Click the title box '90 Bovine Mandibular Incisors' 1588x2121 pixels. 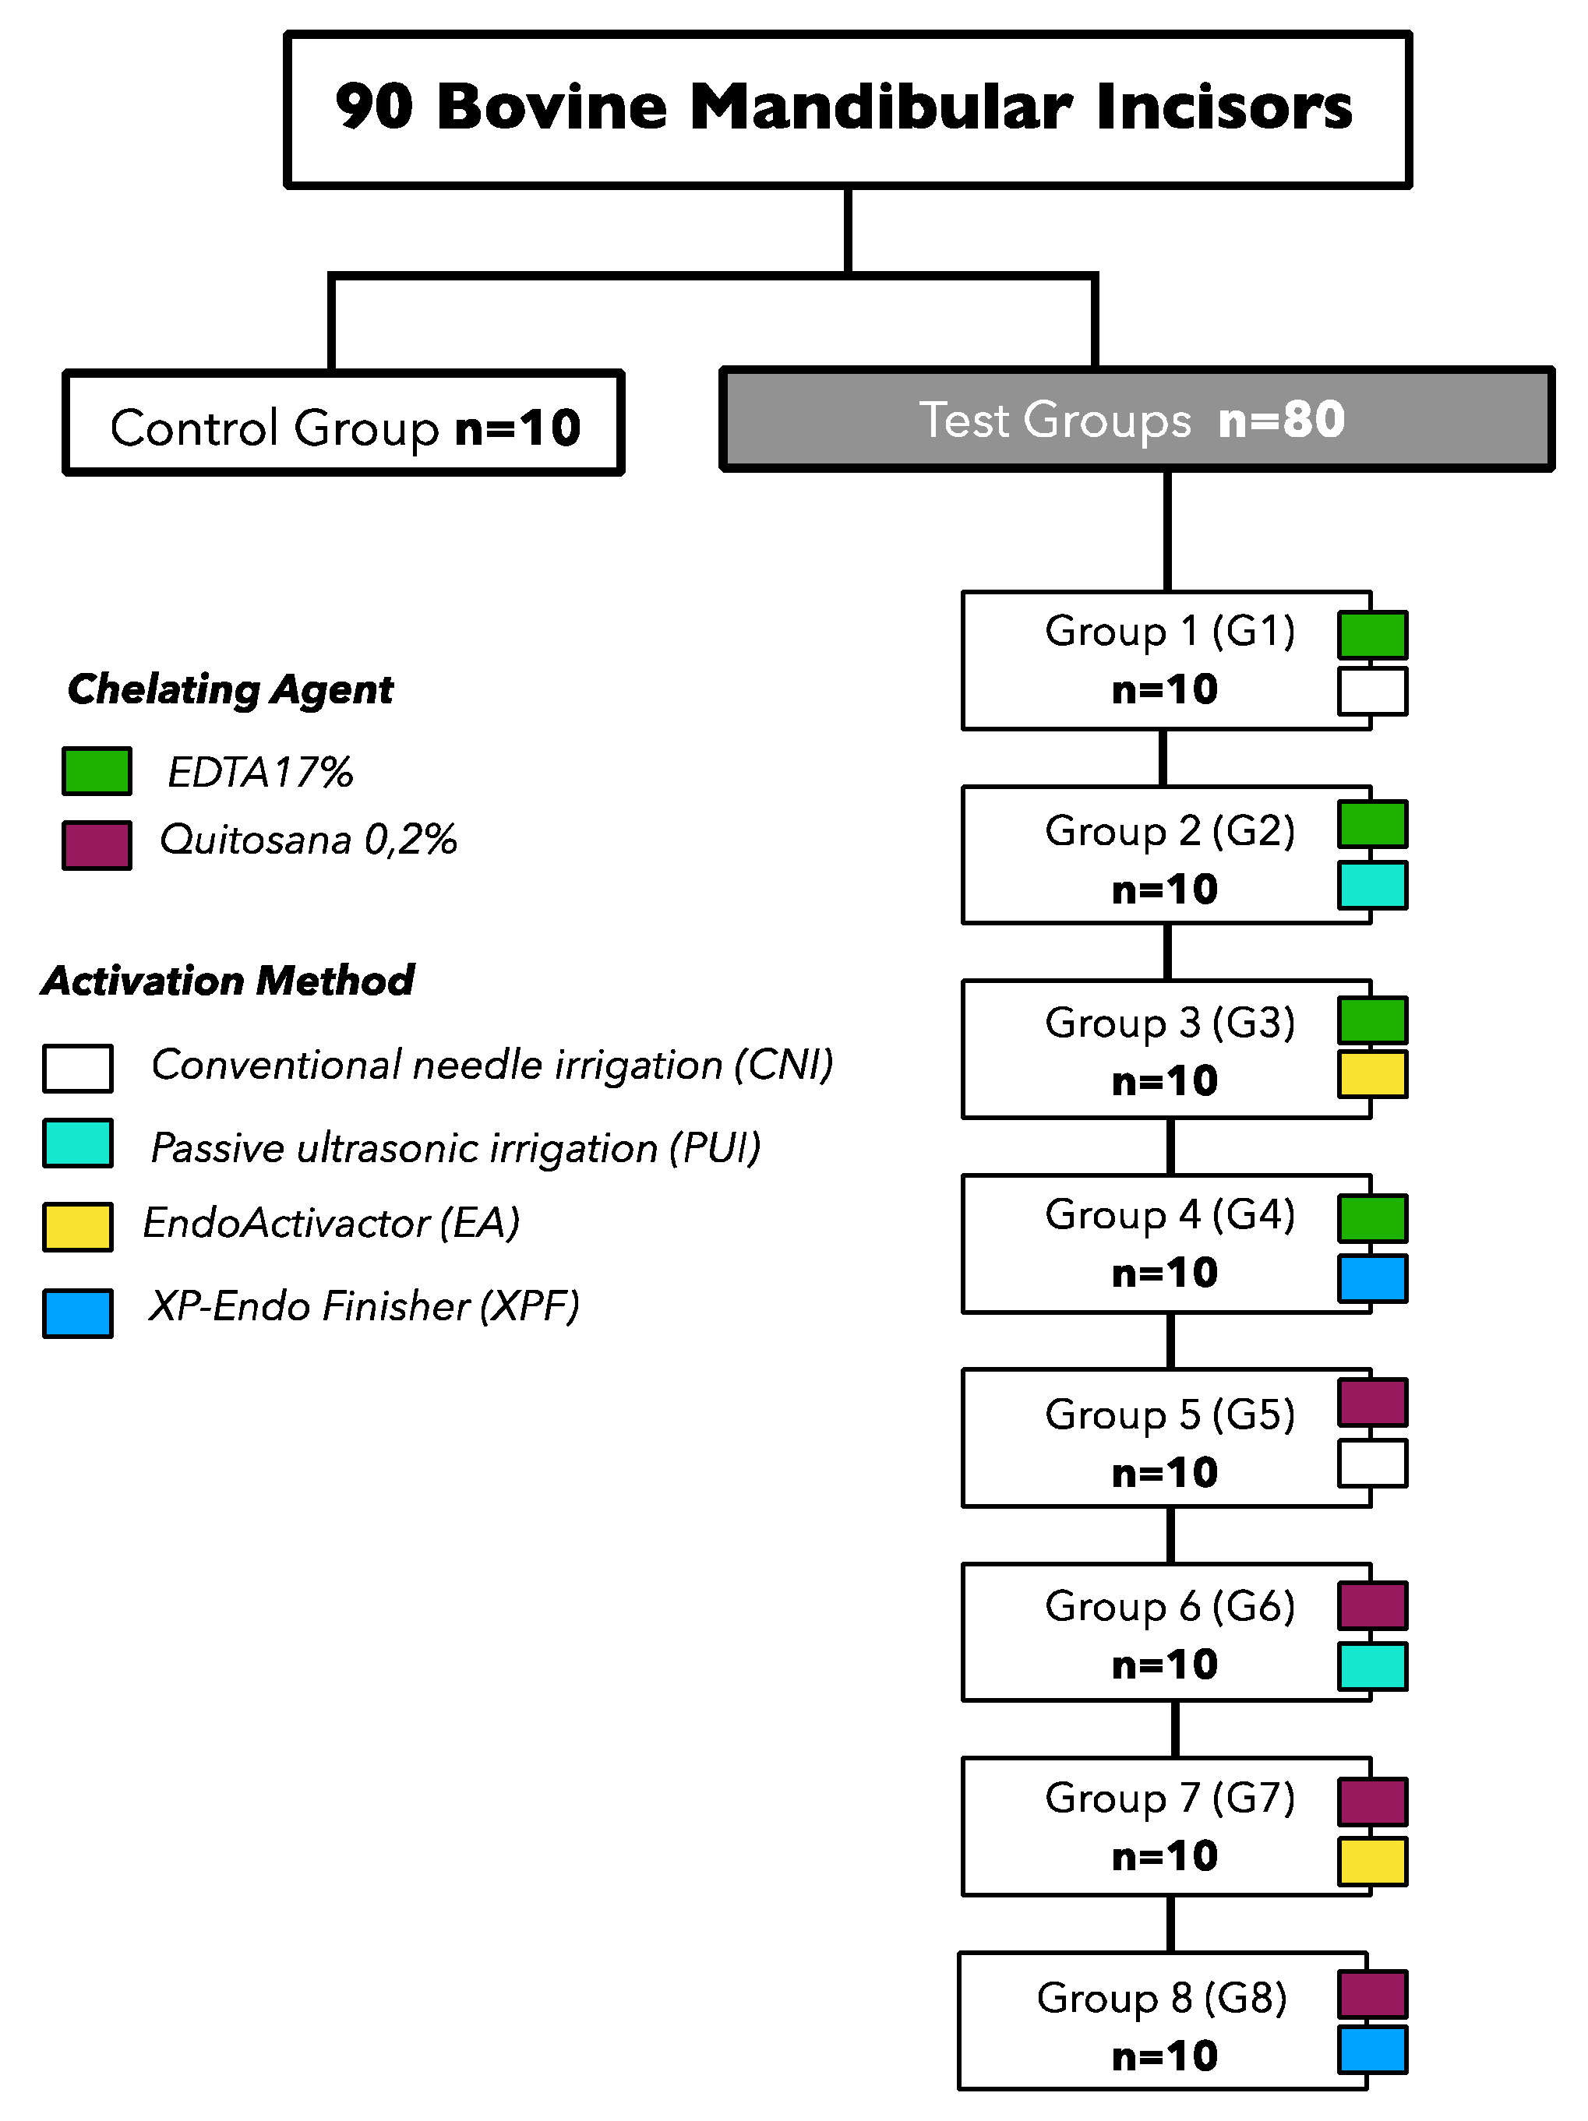point(848,108)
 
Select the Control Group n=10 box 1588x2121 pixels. point(344,423)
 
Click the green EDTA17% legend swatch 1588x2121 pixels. point(97,771)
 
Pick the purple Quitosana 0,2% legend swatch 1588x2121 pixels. point(97,845)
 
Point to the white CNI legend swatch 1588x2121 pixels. point(78,1068)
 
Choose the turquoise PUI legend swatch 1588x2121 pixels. point(78,1143)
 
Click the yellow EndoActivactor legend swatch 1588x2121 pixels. point(78,1226)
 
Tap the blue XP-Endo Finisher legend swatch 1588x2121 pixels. point(78,1312)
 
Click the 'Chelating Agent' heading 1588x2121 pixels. point(230,689)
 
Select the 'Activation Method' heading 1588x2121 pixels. point(228,980)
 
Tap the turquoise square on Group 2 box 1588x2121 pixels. point(1372,885)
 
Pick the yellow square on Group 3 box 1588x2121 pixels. point(1372,1074)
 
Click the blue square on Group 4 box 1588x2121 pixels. point(1372,1278)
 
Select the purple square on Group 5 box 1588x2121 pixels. point(1372,1403)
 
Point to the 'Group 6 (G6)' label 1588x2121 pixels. point(1170,1605)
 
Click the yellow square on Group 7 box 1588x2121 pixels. point(1372,1861)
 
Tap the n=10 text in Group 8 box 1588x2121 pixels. point(1164,2056)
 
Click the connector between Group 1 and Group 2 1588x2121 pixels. point(1163,757)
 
